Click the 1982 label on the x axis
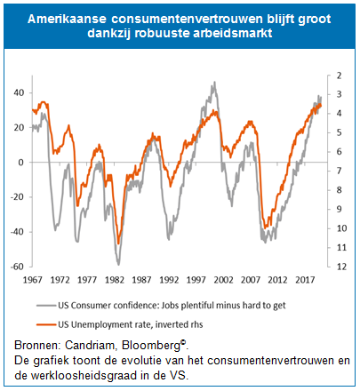point(115,280)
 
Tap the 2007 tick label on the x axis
point(251,280)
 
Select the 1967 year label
point(33,280)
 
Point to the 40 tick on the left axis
point(19,92)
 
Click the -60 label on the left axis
point(17,267)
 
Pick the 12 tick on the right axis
point(341,267)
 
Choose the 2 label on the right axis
point(339,76)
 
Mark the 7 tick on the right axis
point(339,171)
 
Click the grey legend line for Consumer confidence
point(46,305)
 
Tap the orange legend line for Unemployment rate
point(46,324)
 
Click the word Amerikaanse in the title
point(67,19)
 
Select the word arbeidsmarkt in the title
point(233,33)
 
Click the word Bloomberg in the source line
point(151,346)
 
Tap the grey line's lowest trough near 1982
point(118,264)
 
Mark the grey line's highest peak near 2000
point(214,83)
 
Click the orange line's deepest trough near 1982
point(118,243)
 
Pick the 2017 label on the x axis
point(305,280)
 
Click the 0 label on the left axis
point(20,163)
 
